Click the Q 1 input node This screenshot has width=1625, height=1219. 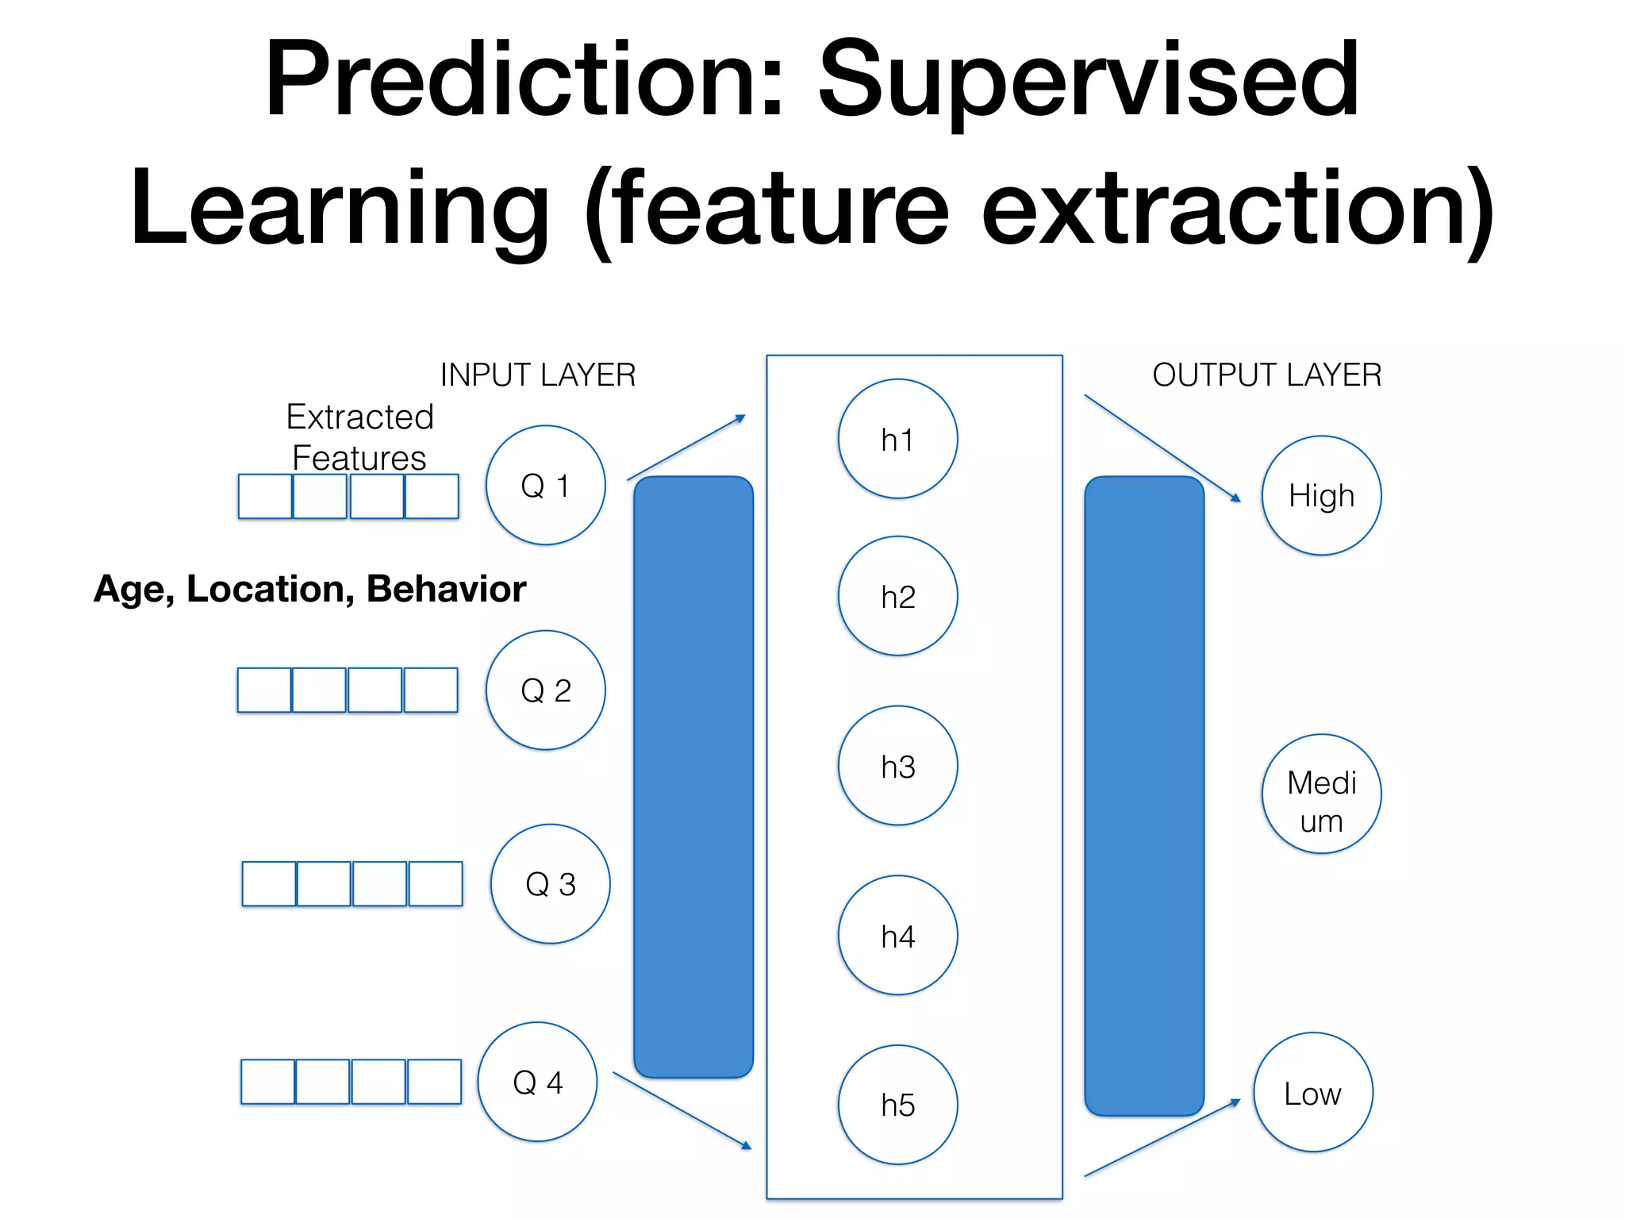[546, 485]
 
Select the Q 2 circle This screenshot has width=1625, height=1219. [546, 690]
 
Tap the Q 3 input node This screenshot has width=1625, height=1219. [551, 883]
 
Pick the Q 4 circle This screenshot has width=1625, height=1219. [537, 1082]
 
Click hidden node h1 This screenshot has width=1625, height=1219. [897, 439]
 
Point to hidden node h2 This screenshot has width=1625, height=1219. [897, 596]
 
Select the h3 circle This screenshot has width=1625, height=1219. [897, 766]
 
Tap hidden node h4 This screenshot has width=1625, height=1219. [897, 936]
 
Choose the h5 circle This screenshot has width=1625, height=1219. [897, 1105]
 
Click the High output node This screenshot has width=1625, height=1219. [1321, 495]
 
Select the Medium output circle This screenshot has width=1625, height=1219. [1321, 794]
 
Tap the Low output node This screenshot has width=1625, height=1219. [1313, 1092]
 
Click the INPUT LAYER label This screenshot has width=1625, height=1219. [538, 375]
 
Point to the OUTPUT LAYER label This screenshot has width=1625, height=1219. [1266, 375]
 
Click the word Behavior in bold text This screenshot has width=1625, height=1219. [446, 589]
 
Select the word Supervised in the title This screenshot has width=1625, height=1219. [1089, 79]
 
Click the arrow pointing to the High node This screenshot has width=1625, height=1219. [1162, 448]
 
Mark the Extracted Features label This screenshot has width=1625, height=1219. [359, 436]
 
